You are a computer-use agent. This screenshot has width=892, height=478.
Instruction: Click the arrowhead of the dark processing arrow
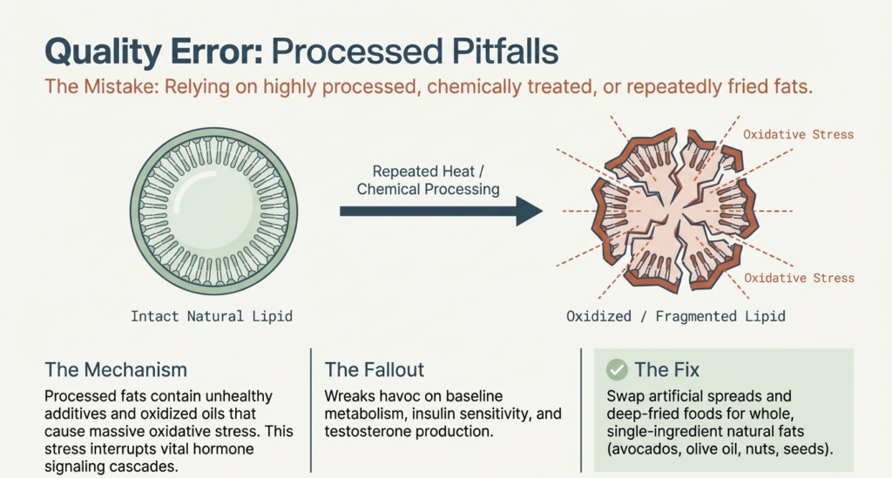[x=527, y=210]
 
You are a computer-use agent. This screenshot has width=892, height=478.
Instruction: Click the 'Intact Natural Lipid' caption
[x=212, y=316]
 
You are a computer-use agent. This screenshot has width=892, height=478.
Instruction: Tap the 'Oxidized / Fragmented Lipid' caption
[x=676, y=316]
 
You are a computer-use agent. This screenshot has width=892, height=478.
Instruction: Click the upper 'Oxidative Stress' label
[x=798, y=135]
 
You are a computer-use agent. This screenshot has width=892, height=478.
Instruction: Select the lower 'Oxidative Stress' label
[x=798, y=278]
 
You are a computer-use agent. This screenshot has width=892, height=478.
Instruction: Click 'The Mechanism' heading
[x=116, y=370]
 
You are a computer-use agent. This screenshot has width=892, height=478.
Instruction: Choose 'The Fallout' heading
[x=374, y=370]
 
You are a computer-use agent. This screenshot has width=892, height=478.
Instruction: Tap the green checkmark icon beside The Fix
[x=617, y=370]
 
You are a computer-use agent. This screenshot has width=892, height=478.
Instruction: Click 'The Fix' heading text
[x=667, y=370]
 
